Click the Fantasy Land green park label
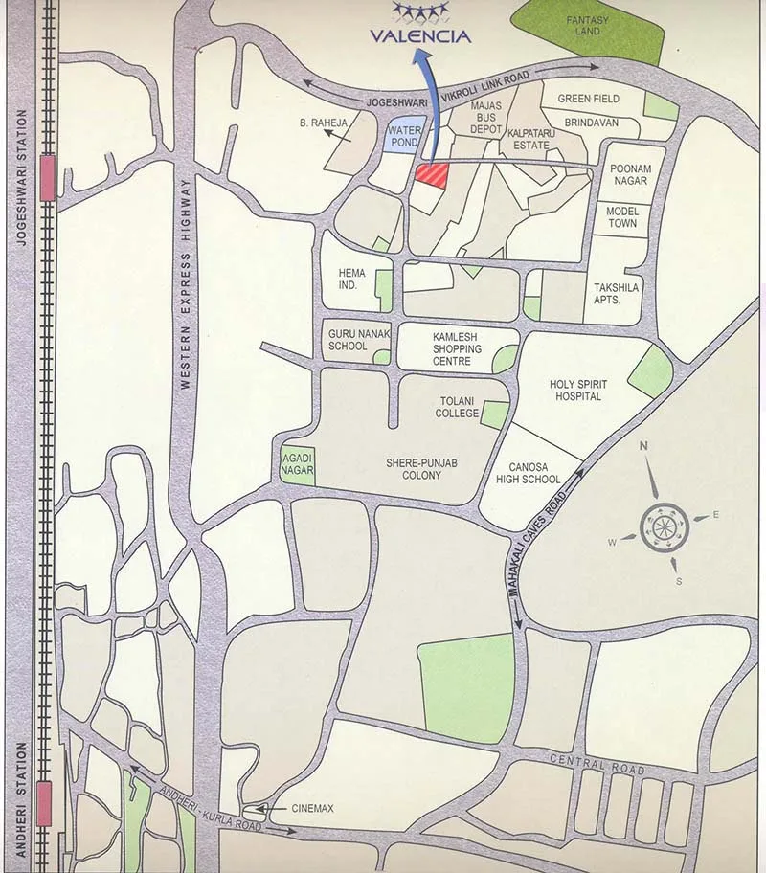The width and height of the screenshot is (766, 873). coord(582,25)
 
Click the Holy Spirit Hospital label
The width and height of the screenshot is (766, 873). coord(575,390)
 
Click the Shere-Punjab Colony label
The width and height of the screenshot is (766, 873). coord(421,468)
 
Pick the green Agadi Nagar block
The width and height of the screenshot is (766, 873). coord(296,464)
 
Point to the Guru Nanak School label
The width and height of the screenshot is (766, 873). coord(348,339)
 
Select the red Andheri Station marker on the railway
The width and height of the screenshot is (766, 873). coord(44,794)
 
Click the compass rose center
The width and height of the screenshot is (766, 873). coord(662,525)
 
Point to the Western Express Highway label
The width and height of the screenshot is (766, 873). coord(186,288)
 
